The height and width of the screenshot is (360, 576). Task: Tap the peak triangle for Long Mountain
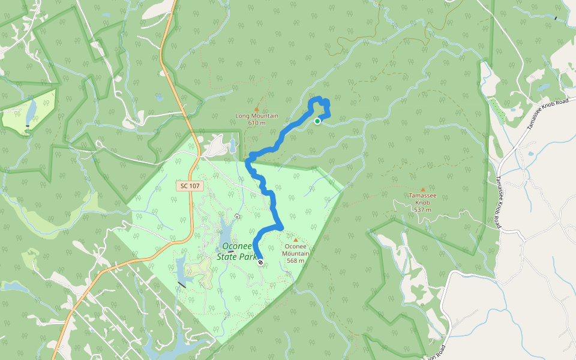[x=257, y=109]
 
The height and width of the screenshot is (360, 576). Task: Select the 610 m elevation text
[x=257, y=123]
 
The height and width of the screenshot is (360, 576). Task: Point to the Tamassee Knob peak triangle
[x=422, y=189]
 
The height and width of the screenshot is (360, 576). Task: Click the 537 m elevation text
[x=422, y=210]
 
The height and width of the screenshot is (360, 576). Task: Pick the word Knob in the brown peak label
[x=422, y=203]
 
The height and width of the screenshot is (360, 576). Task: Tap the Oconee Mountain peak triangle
[x=295, y=239]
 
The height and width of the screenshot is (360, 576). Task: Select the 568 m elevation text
[x=295, y=260]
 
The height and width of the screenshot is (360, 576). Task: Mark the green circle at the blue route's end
[x=317, y=121]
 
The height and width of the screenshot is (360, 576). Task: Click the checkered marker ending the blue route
[x=260, y=262]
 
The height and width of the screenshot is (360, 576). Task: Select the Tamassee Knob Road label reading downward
[x=498, y=202]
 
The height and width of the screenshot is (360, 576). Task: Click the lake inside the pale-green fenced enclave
[x=30, y=111]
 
